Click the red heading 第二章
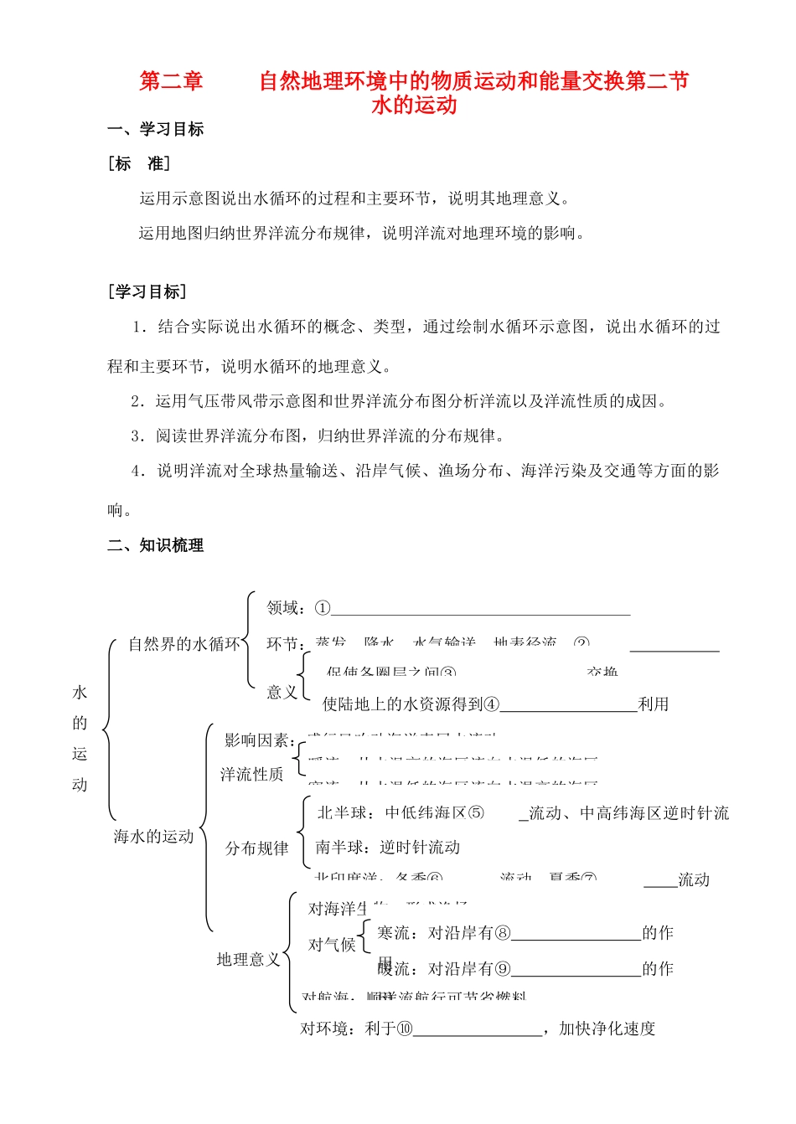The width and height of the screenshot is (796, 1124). point(171,81)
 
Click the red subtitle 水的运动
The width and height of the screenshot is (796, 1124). point(414,106)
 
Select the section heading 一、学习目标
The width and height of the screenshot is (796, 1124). point(156,129)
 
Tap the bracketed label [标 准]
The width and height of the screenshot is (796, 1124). point(139,164)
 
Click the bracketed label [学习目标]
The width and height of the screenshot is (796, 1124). point(147,291)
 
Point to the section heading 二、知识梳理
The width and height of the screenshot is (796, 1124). point(156,545)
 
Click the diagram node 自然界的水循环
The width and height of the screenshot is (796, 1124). point(183,644)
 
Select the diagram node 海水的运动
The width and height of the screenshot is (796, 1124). point(153,836)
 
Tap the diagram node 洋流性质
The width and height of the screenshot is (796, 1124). point(251,775)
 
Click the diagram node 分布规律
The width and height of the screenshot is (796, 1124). point(256,848)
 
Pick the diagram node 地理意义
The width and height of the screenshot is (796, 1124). point(248,959)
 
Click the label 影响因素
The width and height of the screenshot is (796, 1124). point(258,740)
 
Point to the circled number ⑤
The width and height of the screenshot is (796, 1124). point(476,813)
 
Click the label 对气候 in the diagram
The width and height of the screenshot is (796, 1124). point(332,945)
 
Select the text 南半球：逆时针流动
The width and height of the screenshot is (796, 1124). point(388,848)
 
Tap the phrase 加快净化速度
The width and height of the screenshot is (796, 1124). point(607,1029)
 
